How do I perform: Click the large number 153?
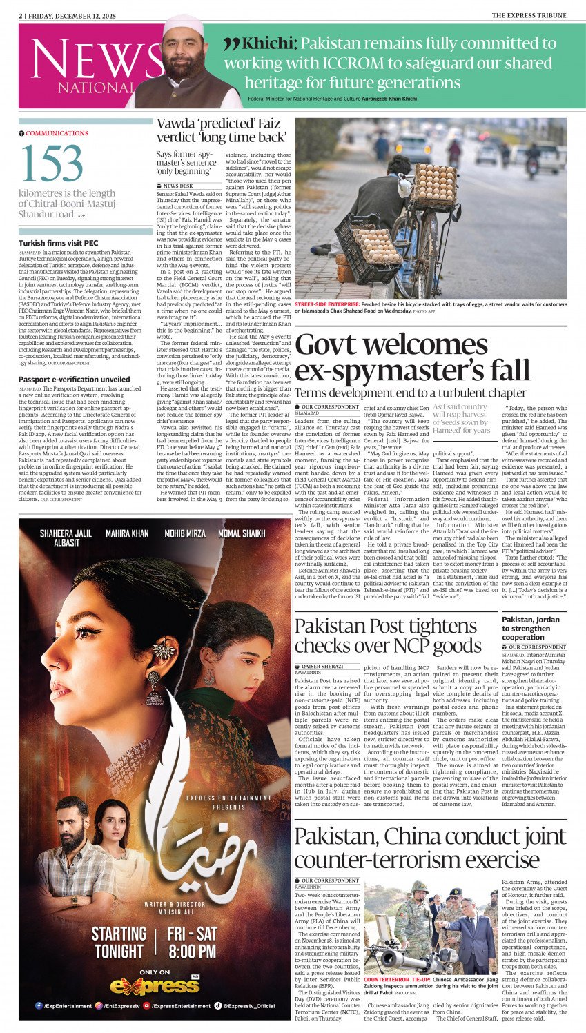pyautogui.click(x=52, y=164)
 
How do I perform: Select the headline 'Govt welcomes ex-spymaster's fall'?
pyautogui.click(x=412, y=358)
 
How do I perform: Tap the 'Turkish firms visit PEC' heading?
pyautogui.click(x=59, y=243)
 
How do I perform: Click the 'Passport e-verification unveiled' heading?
pyautogui.click(x=74, y=379)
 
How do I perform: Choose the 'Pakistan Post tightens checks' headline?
pyautogui.click(x=388, y=636)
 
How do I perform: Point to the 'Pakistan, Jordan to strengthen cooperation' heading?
pyautogui.click(x=531, y=629)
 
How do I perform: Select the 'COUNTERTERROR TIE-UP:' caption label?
pyautogui.click(x=397, y=979)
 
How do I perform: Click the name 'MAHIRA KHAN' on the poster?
pyautogui.click(x=126, y=533)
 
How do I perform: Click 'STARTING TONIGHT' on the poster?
pyautogui.click(x=119, y=942)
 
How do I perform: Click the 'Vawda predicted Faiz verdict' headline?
pyautogui.click(x=221, y=130)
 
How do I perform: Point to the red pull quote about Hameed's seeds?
pyautogui.click(x=462, y=418)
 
